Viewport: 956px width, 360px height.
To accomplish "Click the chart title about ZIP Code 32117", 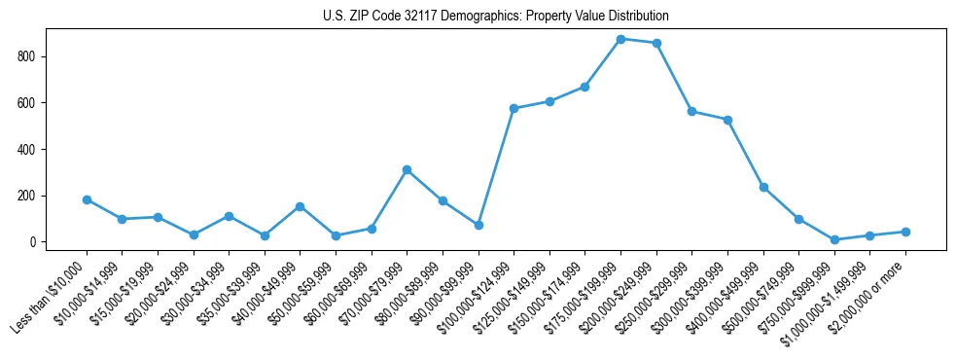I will (496, 17).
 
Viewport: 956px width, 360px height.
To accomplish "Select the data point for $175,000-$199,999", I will (620, 39).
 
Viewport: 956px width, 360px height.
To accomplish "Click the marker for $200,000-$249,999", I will (656, 43).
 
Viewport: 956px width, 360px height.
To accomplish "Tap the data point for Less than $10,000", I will (87, 199).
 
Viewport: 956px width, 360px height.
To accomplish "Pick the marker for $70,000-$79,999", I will (407, 169).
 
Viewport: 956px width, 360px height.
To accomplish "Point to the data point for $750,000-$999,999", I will (834, 239).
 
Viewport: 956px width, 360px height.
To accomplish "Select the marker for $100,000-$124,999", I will (513, 108).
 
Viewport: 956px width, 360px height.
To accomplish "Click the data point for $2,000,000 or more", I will (905, 232).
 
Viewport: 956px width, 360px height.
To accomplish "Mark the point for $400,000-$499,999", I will (763, 187).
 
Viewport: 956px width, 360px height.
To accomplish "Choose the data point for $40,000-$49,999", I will (300, 206).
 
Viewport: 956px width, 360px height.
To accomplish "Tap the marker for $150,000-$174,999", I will (584, 87).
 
